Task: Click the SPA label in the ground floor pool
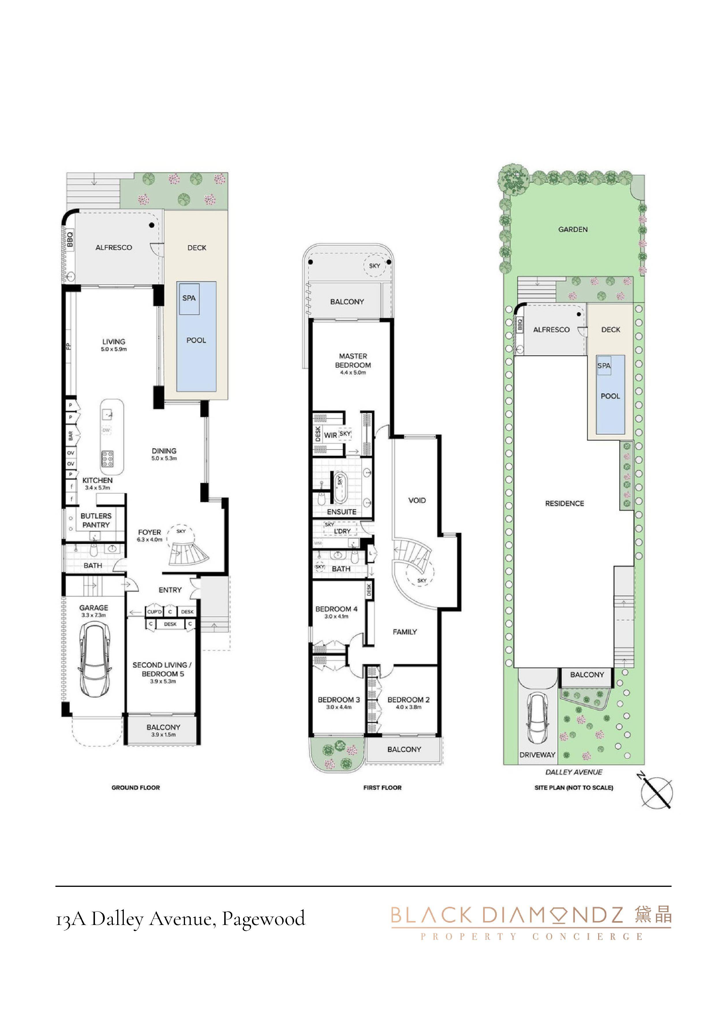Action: (189, 298)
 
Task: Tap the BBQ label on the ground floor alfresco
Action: (70, 240)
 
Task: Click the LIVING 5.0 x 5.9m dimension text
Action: (114, 349)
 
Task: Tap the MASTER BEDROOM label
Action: (353, 361)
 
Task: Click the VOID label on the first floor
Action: (417, 500)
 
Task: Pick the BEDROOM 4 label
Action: (336, 609)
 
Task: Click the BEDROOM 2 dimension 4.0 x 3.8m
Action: (409, 707)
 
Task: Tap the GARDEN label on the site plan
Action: (573, 230)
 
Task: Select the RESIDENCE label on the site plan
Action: (564, 503)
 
